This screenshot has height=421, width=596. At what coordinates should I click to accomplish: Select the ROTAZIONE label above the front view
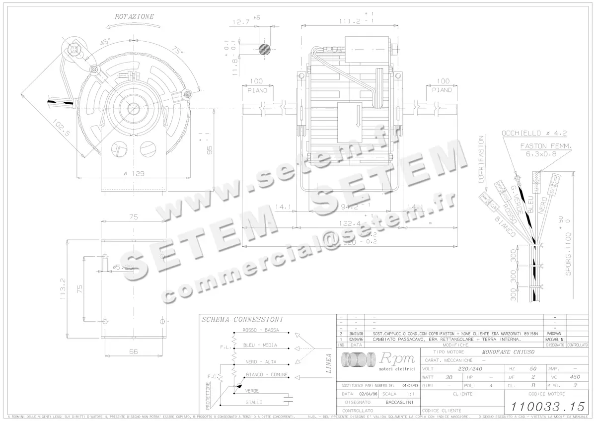click(x=134, y=16)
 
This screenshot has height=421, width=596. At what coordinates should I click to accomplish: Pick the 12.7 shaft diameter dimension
click(x=241, y=22)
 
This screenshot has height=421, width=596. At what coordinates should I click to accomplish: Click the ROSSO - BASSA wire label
click(x=260, y=330)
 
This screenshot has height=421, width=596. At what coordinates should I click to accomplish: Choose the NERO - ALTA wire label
click(x=261, y=362)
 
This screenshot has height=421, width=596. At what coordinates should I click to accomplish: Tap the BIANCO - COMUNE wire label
click(x=267, y=375)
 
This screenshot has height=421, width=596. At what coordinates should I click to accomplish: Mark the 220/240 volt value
click(x=470, y=369)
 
